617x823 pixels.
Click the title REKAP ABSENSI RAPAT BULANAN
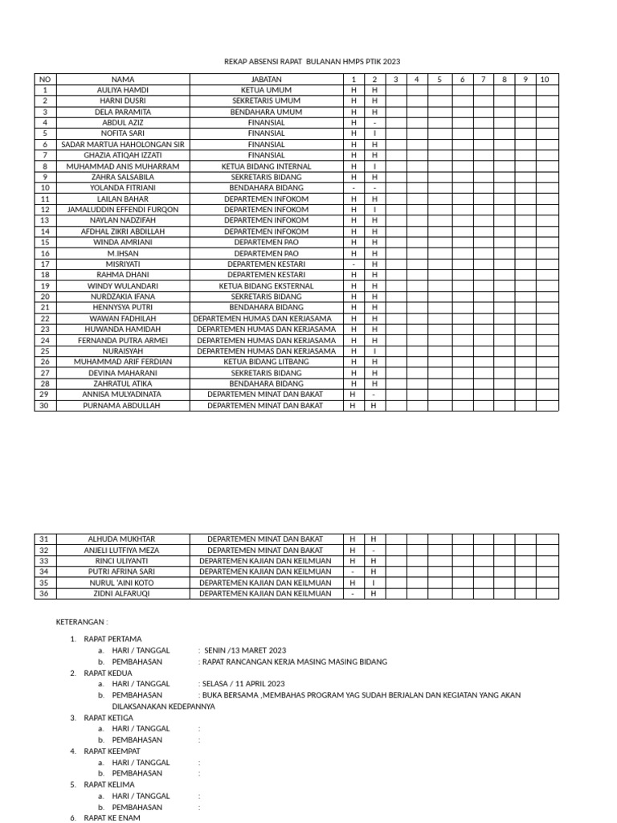(x=311, y=62)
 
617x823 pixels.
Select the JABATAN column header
(x=266, y=80)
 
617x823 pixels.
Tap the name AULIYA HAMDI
(x=123, y=90)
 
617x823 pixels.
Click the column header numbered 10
(x=544, y=80)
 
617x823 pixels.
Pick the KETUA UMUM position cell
(x=266, y=90)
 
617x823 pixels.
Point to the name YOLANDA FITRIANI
(x=123, y=187)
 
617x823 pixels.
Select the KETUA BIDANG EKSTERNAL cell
(x=266, y=285)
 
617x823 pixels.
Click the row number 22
(x=45, y=318)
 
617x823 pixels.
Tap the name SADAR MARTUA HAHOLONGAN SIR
(x=123, y=145)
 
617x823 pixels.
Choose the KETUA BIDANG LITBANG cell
(x=266, y=362)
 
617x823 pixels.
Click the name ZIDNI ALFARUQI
(x=123, y=593)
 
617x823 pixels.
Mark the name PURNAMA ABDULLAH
(x=123, y=405)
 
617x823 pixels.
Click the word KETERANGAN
(x=81, y=622)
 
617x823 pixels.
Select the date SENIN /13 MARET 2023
(x=244, y=650)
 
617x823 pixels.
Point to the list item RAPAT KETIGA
(x=108, y=718)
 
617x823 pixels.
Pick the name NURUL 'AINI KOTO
(x=123, y=583)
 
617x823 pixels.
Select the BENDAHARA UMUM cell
(x=266, y=112)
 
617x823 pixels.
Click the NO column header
(x=45, y=80)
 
